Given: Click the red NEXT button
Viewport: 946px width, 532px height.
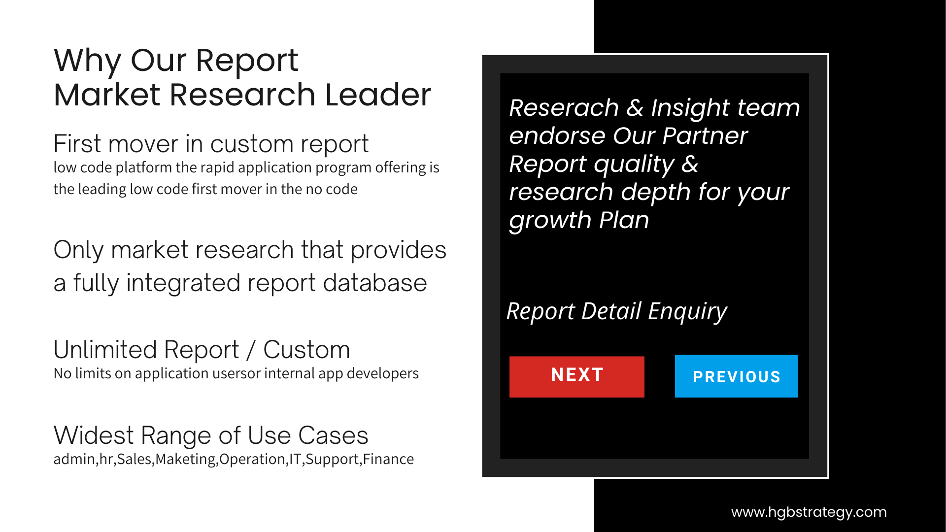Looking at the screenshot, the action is tap(576, 377).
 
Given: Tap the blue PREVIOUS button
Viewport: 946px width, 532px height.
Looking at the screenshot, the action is tap(736, 376).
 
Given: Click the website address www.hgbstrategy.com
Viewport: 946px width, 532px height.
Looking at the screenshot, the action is tap(809, 512).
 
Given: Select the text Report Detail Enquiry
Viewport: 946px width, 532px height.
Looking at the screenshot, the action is tap(617, 312).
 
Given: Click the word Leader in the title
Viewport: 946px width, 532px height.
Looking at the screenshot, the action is tap(378, 95).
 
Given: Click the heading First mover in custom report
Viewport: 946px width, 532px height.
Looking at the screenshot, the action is tap(211, 144).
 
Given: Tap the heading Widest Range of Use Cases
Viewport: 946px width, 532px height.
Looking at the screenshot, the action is tap(211, 436).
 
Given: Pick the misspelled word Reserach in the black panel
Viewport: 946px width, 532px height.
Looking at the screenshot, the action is tap(564, 108).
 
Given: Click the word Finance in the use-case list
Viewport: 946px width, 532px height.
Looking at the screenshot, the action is tap(388, 459).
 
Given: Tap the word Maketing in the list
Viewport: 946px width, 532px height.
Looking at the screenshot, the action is tap(185, 460).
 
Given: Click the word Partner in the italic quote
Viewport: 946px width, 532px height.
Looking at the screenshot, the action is tap(705, 136).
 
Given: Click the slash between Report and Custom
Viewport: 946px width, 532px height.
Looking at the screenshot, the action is tap(251, 350).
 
